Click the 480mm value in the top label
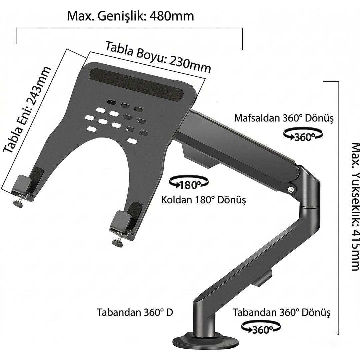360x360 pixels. (172, 16)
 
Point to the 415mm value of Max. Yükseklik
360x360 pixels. (355, 250)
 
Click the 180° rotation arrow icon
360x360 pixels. (189, 182)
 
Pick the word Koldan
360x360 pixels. (176, 200)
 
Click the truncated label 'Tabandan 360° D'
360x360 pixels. (135, 312)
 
